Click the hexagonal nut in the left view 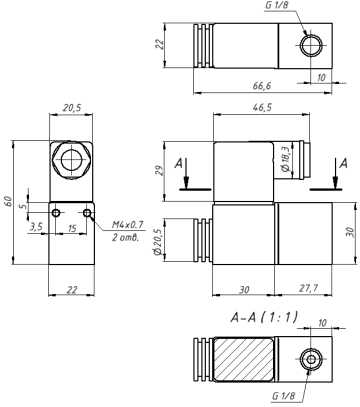click(71, 159)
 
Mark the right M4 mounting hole click(88, 214)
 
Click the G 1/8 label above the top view click(280, 7)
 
